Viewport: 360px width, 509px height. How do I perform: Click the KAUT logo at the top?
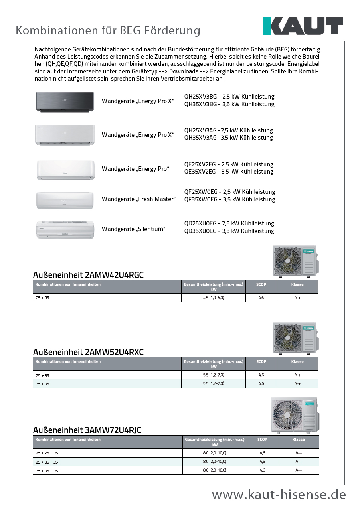[x=303, y=26]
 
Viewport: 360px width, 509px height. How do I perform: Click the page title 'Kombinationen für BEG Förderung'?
[x=108, y=30]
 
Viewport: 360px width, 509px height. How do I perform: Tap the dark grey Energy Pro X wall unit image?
[x=65, y=102]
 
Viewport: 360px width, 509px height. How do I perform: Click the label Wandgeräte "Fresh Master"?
[x=138, y=199]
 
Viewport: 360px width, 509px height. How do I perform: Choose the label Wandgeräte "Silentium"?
[x=134, y=229]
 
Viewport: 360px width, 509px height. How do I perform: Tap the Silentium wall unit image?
[x=65, y=229]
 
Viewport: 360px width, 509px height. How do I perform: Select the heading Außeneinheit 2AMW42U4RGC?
[x=88, y=275]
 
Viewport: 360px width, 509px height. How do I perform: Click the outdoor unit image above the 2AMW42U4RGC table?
[x=294, y=261]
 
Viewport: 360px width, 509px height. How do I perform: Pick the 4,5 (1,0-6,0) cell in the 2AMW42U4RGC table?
[x=214, y=298]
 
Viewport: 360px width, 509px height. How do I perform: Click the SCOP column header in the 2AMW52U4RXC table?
[x=261, y=362]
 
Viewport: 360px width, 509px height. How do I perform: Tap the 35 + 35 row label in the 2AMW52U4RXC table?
[x=42, y=384]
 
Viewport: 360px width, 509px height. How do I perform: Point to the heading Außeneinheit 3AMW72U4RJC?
[x=87, y=430]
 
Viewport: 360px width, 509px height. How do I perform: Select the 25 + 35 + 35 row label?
[x=47, y=462]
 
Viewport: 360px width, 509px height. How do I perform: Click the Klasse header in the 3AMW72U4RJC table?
[x=298, y=440]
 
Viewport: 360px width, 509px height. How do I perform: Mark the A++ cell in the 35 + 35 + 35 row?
[x=298, y=470]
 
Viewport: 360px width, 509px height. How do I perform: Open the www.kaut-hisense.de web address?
[x=279, y=495]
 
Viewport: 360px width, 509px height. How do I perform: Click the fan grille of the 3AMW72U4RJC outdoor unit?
[x=286, y=415]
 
